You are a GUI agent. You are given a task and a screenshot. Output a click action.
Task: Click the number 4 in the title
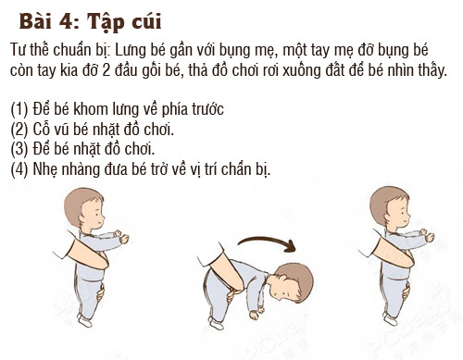66,21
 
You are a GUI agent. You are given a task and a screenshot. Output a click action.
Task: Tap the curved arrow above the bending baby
267,243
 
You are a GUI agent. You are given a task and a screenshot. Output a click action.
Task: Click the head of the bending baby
293,282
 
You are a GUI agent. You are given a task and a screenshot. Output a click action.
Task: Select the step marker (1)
19,109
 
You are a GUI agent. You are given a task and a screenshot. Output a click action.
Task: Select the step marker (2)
19,130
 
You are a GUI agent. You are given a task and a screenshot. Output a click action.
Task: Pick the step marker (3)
19,149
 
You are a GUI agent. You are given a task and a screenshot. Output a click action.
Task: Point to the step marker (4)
19,169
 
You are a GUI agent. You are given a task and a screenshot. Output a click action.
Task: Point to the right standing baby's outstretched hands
427,235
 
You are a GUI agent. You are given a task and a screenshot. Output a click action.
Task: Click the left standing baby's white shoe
85,320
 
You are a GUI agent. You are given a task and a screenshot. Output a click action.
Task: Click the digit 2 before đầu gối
106,70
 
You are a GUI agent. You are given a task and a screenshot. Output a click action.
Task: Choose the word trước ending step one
207,109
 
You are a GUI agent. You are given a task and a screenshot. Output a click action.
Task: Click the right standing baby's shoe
391,319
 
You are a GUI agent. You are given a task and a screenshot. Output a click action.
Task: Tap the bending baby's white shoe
215,324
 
